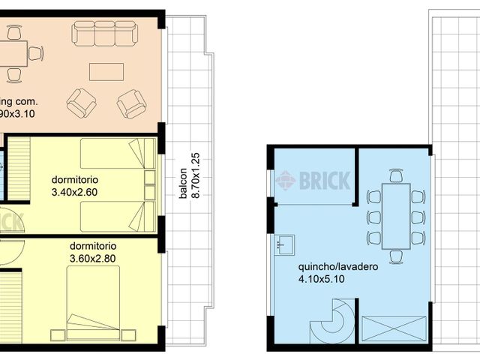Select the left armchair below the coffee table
[81, 103]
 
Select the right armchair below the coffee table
[132, 103]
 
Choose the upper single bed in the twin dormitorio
[112, 154]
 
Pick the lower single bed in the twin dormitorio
[112, 216]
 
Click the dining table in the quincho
[396, 216]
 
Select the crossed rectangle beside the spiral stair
[394, 329]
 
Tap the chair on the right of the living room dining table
[34, 53]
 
